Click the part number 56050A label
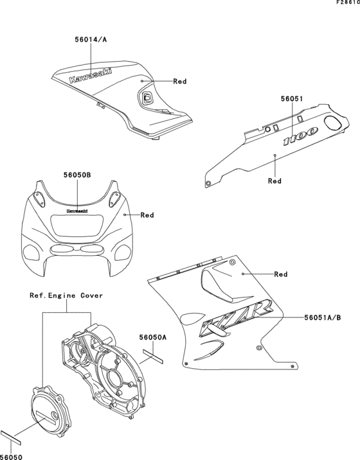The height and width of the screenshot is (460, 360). click(x=153, y=337)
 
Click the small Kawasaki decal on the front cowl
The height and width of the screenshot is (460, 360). click(x=77, y=209)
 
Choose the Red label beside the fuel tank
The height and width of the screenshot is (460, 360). click(x=179, y=82)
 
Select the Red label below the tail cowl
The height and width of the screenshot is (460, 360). click(x=274, y=181)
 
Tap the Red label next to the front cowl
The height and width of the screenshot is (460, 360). click(x=147, y=215)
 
